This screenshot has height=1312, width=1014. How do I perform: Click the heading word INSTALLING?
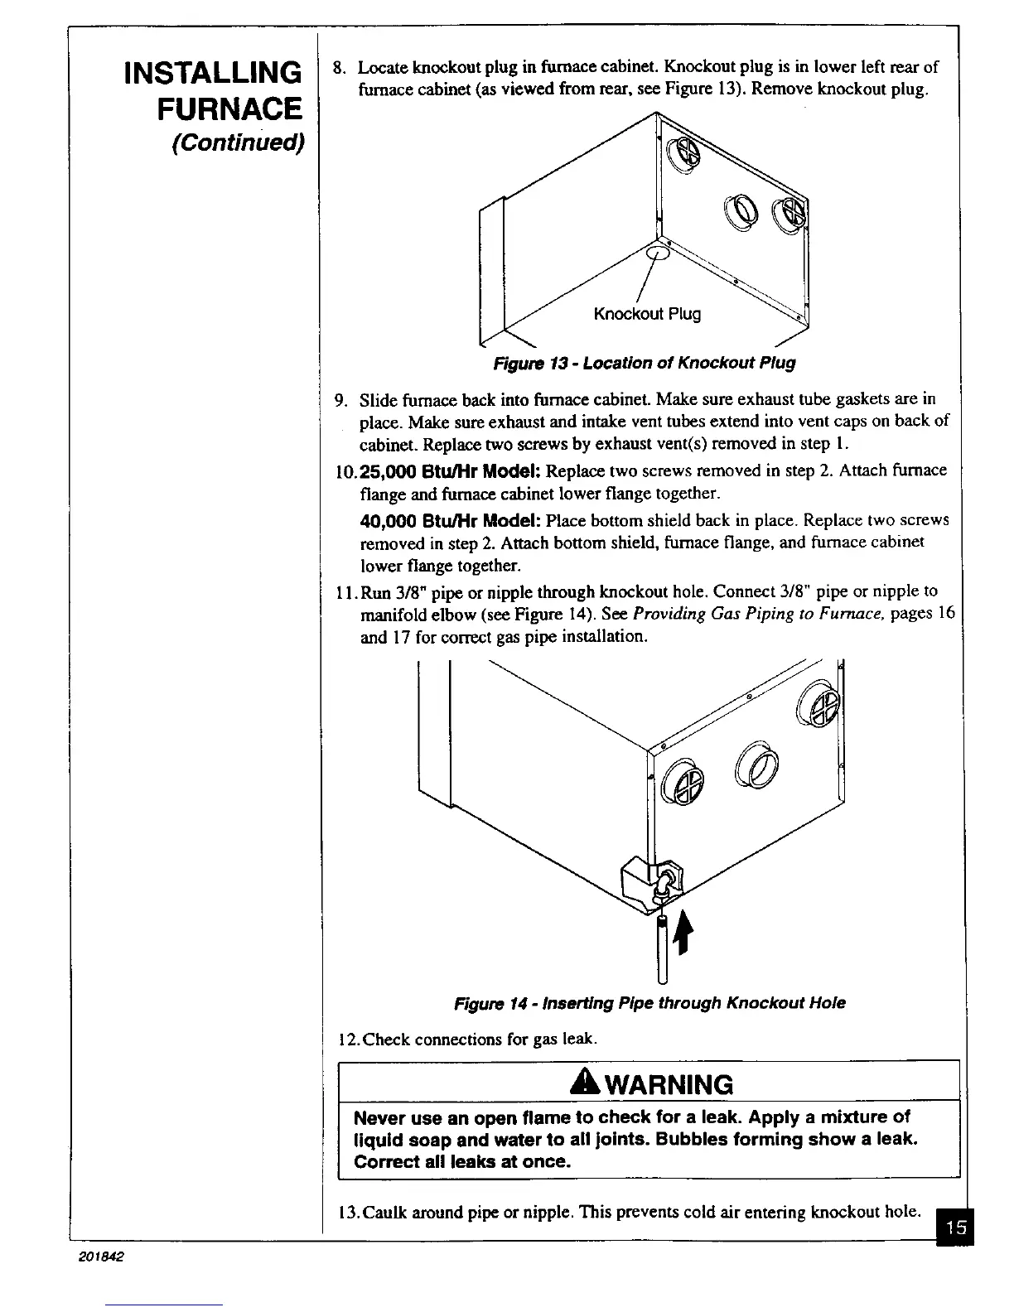pos(211,73)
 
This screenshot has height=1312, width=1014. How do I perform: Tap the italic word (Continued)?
pos(239,142)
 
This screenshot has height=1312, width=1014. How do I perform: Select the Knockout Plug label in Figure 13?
pos(647,314)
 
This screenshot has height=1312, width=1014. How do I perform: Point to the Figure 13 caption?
pos(644,363)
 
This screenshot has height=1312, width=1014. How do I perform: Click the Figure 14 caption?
pos(649,1003)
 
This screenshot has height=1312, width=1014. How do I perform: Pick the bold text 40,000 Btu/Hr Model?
pos(451,520)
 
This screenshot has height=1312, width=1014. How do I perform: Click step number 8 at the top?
pos(337,67)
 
